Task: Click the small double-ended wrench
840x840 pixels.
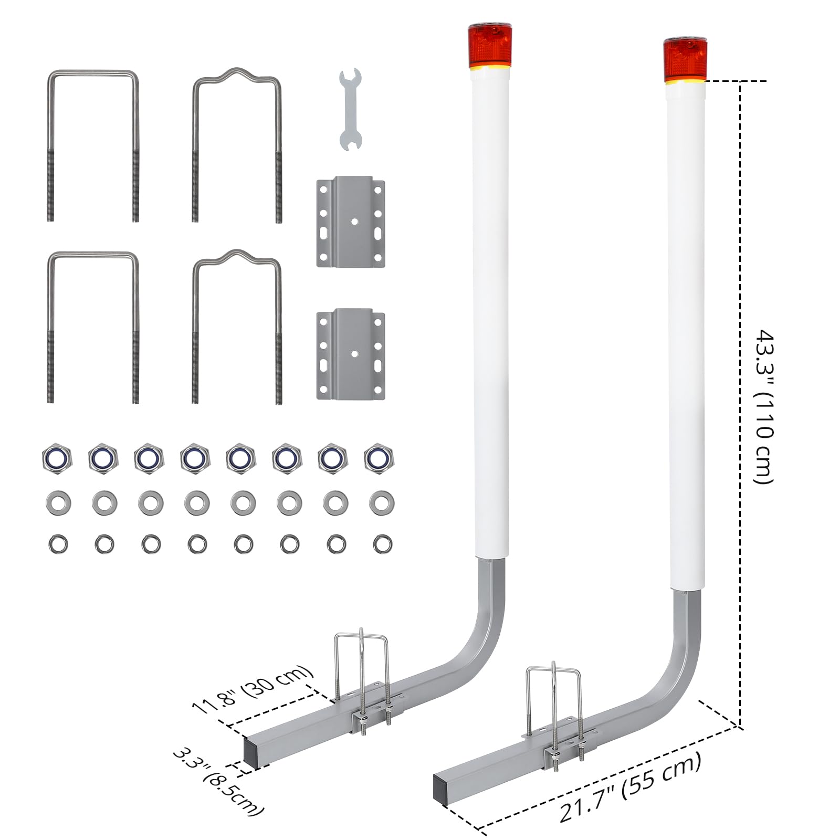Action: (x=350, y=109)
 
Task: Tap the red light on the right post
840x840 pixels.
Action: (x=685, y=59)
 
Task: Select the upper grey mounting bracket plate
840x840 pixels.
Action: (x=350, y=222)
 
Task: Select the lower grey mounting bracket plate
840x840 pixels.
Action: (x=350, y=354)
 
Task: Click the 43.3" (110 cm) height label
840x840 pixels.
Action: (x=764, y=407)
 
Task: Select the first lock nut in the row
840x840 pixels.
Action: (x=57, y=459)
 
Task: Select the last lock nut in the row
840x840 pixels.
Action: (x=379, y=458)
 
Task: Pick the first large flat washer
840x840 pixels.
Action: (x=58, y=503)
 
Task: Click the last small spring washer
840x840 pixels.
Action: (x=382, y=544)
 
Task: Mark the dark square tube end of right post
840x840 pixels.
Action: (x=441, y=786)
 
